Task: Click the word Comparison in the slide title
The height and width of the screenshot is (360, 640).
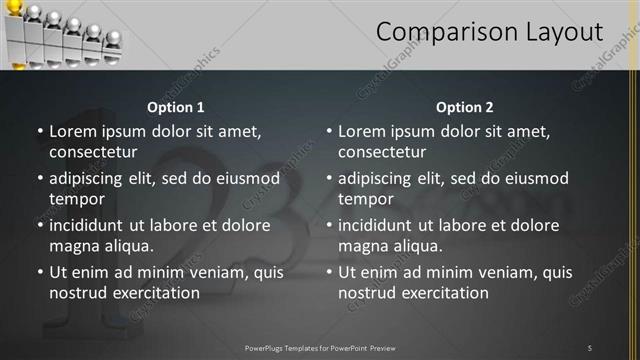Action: pos(447,32)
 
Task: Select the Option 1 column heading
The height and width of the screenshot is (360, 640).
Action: pos(176,107)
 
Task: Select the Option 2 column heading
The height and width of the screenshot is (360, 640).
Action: pos(465,107)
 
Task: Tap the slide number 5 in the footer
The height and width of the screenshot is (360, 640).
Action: pos(589,347)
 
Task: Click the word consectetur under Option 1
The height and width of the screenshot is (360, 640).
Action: pos(93,152)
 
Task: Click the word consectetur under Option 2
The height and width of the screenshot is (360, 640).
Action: pos(382,152)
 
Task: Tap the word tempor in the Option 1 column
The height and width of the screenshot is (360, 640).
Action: pos(76,199)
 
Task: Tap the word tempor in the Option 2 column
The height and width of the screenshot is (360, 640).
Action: pos(365,199)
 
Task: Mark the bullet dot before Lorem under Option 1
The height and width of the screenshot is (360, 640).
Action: pos(39,131)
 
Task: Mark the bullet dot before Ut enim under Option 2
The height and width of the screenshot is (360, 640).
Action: pos(328,272)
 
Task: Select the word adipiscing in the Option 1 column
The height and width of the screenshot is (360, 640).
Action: pos(88,178)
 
